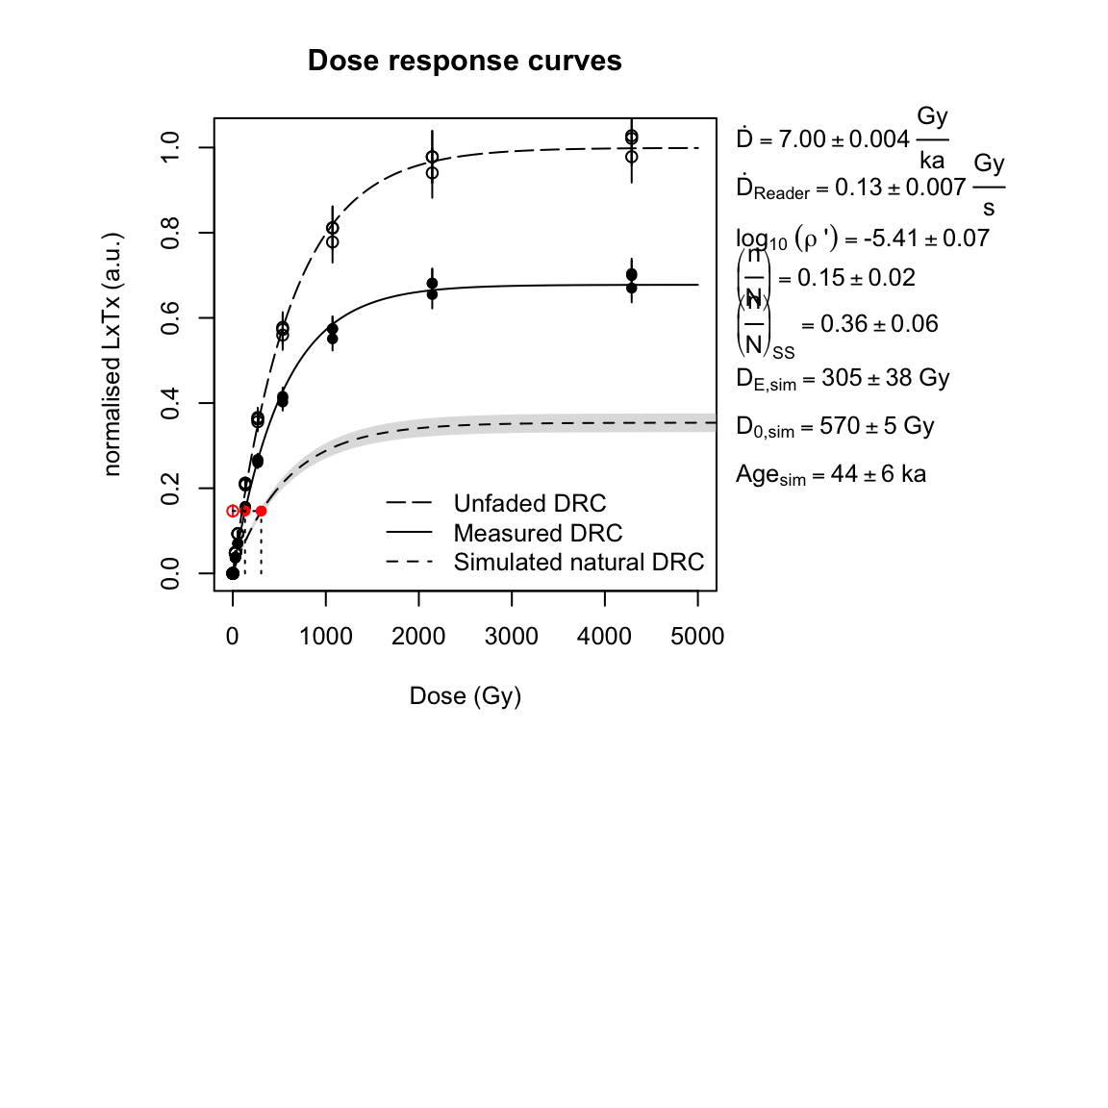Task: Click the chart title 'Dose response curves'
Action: coord(465,61)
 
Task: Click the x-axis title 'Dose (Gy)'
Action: coord(465,695)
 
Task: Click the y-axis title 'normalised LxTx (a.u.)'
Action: coord(113,354)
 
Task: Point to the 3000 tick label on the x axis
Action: coord(512,636)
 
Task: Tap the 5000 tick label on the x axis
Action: coord(697,636)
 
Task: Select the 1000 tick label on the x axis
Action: coord(325,636)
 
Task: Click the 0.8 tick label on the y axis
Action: coord(171,233)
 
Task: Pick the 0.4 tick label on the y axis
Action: coord(171,403)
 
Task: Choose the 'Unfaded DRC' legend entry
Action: coord(529,503)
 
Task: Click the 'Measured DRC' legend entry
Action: coord(538,533)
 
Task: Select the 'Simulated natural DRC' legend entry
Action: coord(578,562)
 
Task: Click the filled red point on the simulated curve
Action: coord(261,512)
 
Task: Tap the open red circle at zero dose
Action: coord(233,512)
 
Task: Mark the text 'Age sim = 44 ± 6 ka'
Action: coord(830,474)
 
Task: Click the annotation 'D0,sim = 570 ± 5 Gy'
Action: coord(835,426)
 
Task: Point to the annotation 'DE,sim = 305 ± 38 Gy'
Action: coord(843,378)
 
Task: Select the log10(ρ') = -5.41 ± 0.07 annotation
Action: coord(862,239)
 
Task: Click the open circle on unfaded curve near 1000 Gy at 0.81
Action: coord(332,228)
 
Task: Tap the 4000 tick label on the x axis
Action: coord(604,636)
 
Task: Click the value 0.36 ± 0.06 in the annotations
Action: coord(879,324)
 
